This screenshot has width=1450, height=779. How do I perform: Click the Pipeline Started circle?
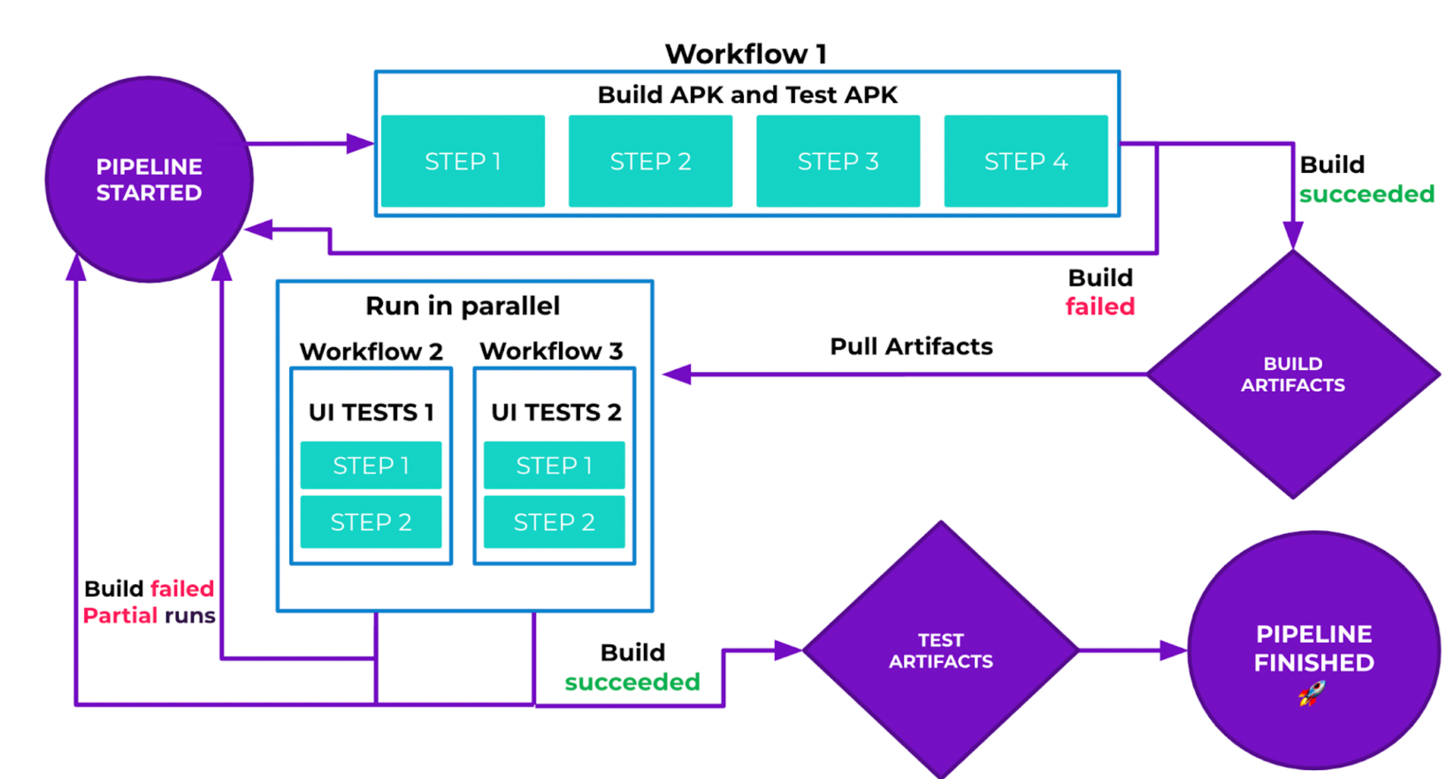pyautogui.click(x=149, y=180)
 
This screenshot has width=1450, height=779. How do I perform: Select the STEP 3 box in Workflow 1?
pyautogui.click(x=838, y=161)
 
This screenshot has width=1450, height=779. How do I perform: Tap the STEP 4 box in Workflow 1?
pyautogui.click(x=1026, y=161)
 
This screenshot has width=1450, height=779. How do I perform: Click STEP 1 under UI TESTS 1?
pyautogui.click(x=371, y=465)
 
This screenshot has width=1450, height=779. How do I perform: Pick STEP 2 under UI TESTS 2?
pyautogui.click(x=554, y=522)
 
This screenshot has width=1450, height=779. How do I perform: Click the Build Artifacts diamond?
pyautogui.click(x=1293, y=375)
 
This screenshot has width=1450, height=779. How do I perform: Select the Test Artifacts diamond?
pyautogui.click(x=940, y=650)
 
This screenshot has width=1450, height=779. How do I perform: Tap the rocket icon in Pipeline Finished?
pyautogui.click(x=1311, y=693)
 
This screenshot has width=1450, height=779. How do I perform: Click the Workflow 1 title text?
pyautogui.click(x=746, y=54)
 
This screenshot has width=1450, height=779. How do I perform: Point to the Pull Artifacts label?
pyautogui.click(x=911, y=347)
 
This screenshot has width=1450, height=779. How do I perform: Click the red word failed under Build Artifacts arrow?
pyautogui.click(x=1100, y=307)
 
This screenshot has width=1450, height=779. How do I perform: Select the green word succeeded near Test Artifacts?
pyautogui.click(x=632, y=682)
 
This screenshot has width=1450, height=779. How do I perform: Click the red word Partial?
pyautogui.click(x=121, y=615)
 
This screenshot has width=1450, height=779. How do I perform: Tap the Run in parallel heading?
pyautogui.click(x=463, y=306)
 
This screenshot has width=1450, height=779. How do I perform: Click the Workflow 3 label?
pyautogui.click(x=551, y=351)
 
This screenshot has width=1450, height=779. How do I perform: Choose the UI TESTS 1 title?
pyautogui.click(x=371, y=412)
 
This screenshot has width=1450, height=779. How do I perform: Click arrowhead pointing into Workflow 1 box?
pyautogui.click(x=360, y=143)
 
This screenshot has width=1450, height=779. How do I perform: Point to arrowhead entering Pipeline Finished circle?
pyautogui.click(x=1173, y=650)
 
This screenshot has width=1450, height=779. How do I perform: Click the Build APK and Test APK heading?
pyautogui.click(x=747, y=95)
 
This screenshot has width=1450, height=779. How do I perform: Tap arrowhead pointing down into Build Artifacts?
pyautogui.click(x=1293, y=234)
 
